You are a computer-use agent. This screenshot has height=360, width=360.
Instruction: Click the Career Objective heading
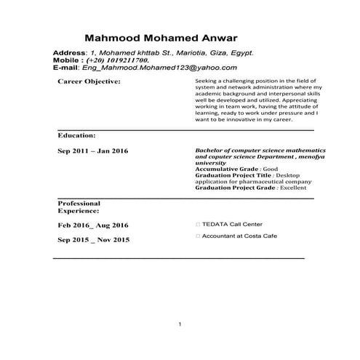pyautogui.click(x=89, y=81)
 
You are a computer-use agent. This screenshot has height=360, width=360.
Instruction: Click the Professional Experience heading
pyautogui.click(x=79, y=207)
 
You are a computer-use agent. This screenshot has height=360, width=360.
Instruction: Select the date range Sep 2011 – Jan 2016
pyautogui.click(x=92, y=151)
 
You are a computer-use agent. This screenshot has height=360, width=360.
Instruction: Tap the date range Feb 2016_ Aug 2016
pyautogui.click(x=92, y=225)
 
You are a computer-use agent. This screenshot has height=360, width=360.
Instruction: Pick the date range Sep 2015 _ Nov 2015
pyautogui.click(x=92, y=239)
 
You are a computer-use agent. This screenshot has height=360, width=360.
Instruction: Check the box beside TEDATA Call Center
pyautogui.click(x=199, y=224)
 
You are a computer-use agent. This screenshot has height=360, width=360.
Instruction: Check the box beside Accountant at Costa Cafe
pyautogui.click(x=199, y=236)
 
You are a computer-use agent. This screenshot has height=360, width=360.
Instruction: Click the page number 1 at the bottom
pyautogui.click(x=180, y=324)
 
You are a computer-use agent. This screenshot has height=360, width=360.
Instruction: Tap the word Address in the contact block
pyautogui.click(x=70, y=53)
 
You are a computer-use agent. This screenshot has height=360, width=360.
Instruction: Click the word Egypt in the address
pyautogui.click(x=237, y=53)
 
